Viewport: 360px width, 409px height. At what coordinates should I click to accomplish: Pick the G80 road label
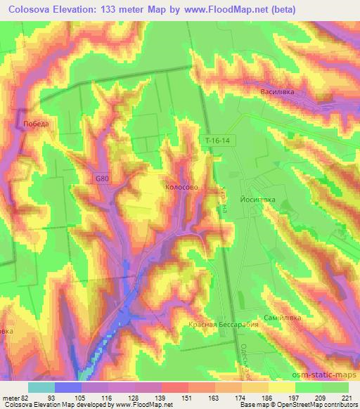coord(103,179)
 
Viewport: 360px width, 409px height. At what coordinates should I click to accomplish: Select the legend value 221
coord(348,397)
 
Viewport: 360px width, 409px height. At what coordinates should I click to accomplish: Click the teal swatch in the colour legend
coord(41,387)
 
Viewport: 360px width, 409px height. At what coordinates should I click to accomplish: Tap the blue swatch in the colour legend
coord(68,387)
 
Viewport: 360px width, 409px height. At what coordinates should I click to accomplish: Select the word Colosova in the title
coord(32,10)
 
